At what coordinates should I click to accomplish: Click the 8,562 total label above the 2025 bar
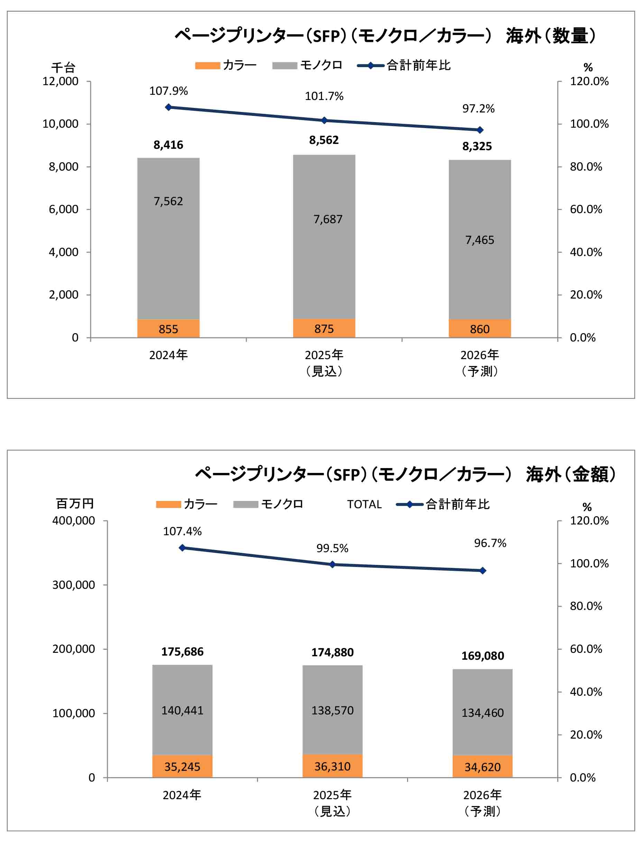click(x=324, y=140)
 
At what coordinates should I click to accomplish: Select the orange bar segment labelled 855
click(x=168, y=329)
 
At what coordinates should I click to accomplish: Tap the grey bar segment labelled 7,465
click(x=480, y=240)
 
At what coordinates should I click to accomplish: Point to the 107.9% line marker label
click(x=168, y=91)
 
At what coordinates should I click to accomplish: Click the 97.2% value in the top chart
click(x=478, y=109)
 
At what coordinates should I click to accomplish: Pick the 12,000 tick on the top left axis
click(x=60, y=81)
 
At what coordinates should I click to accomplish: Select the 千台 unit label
click(x=63, y=68)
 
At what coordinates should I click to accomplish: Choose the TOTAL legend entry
click(x=364, y=504)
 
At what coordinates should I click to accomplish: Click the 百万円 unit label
click(x=75, y=504)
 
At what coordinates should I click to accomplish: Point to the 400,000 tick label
click(x=74, y=521)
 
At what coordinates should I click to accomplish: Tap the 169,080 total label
click(x=482, y=656)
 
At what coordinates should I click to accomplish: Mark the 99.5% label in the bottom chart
click(x=332, y=549)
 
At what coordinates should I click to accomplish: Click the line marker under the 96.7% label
click(x=482, y=571)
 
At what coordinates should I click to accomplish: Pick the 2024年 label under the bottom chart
click(x=182, y=795)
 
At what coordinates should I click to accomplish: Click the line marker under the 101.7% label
click(x=324, y=120)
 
